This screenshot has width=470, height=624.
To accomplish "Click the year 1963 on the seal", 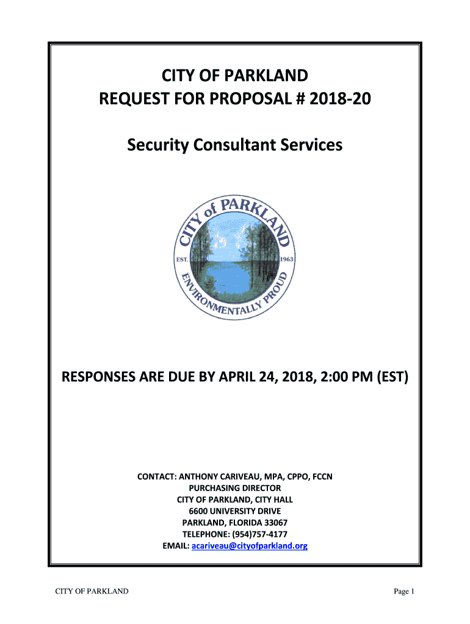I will pyautogui.click(x=286, y=258).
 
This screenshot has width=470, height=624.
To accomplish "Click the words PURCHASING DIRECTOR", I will pyautogui.click(x=235, y=488).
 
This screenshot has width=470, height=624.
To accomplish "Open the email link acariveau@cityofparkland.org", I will pyautogui.click(x=249, y=546).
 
